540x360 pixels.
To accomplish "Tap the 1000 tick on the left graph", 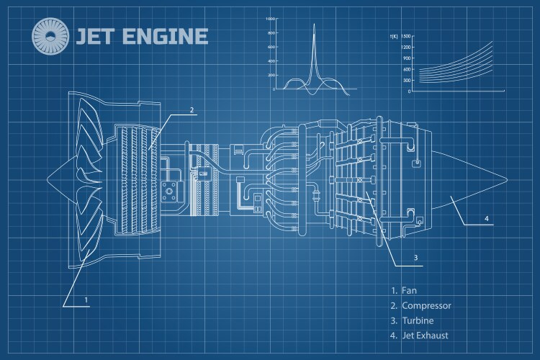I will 270,18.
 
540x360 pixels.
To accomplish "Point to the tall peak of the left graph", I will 314,25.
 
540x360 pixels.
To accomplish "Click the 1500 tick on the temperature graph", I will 406,35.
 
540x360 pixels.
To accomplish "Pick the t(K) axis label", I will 394,35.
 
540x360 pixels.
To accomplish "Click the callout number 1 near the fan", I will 86,299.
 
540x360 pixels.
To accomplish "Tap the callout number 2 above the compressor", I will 192,110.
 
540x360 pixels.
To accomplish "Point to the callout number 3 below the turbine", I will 415,257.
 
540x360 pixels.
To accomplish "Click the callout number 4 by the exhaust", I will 486,218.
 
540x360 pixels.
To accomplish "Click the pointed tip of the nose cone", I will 47,179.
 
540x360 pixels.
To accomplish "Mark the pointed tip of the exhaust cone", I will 507,179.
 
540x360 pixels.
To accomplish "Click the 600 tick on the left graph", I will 271,47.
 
